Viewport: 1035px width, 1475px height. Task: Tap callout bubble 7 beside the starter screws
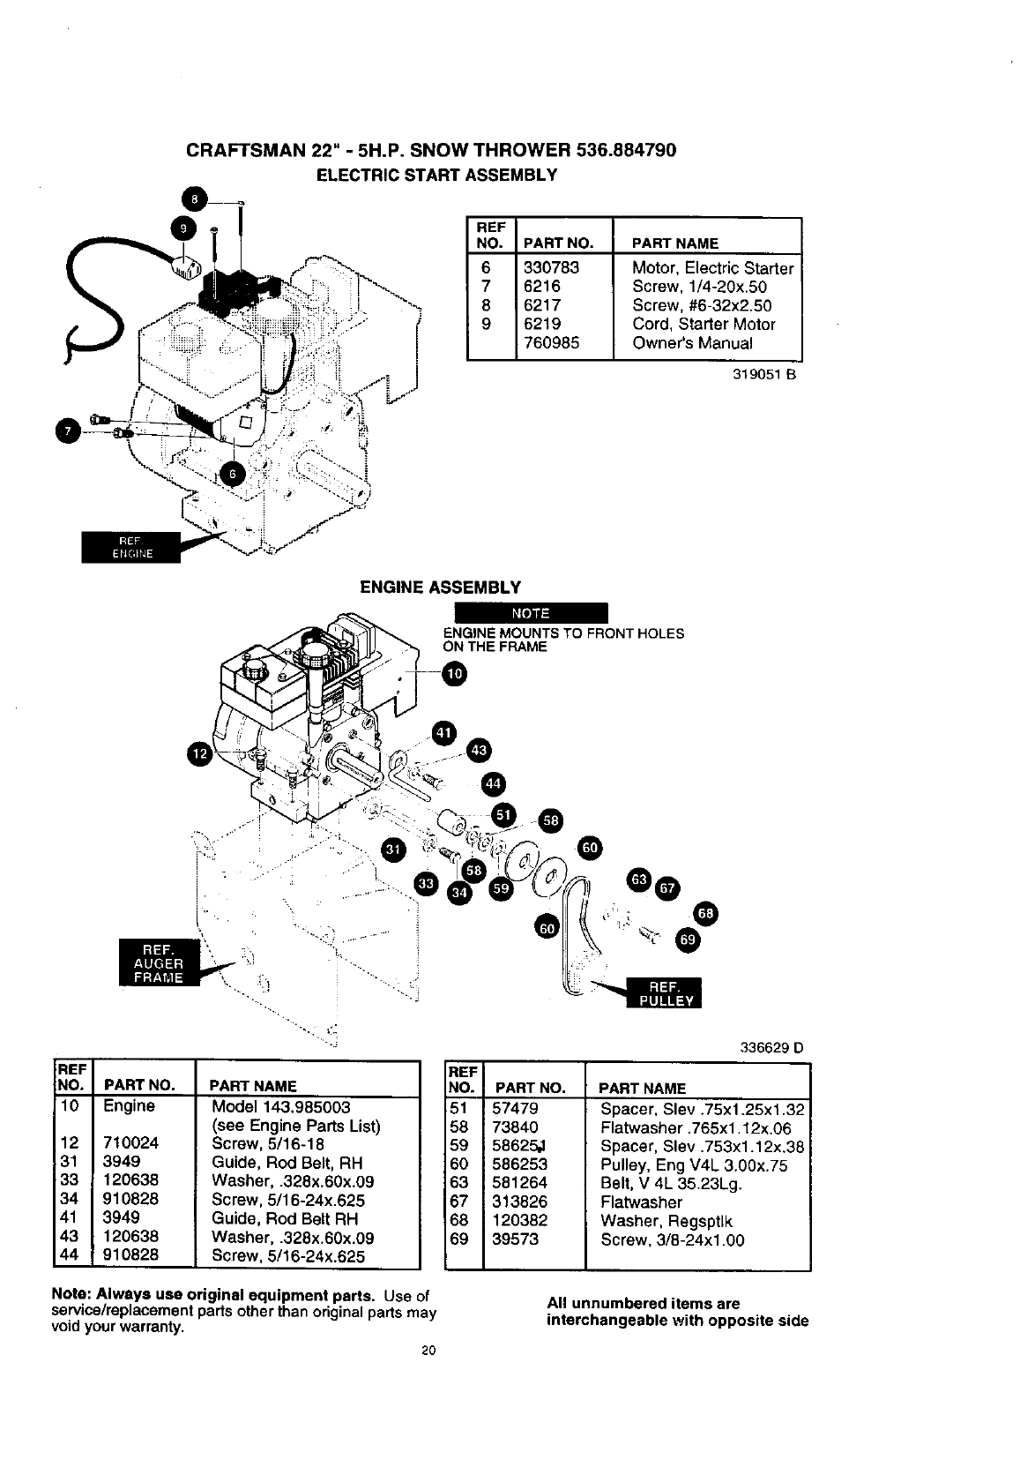(x=66, y=431)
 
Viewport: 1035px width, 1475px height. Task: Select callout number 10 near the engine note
(x=454, y=675)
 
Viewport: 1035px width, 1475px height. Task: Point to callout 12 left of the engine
(x=202, y=752)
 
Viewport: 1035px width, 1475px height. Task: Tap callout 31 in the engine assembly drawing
(x=393, y=849)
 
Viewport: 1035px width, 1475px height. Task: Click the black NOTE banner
(x=530, y=613)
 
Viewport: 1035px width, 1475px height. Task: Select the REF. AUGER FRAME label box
(x=159, y=963)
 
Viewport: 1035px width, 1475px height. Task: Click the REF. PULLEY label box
(x=662, y=992)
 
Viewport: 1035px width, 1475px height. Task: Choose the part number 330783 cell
(x=551, y=267)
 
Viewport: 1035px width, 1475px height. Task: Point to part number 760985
(x=551, y=343)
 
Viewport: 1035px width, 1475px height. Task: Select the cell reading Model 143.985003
(x=281, y=1106)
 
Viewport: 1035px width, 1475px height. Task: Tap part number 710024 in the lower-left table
(x=130, y=1143)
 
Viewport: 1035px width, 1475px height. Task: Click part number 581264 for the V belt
(x=519, y=1184)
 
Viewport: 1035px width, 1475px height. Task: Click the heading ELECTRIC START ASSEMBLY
(x=436, y=175)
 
